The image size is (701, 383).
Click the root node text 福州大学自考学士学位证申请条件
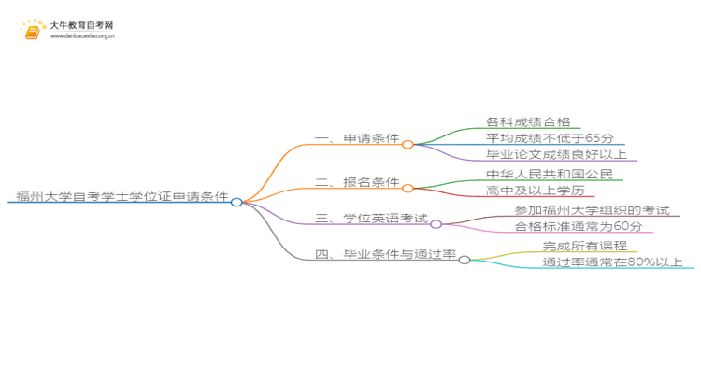tap(122, 197)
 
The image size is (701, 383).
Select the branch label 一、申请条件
tap(357, 139)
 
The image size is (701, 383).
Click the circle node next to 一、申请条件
tap(408, 145)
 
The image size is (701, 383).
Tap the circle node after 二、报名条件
tap(408, 188)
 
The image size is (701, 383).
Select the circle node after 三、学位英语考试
tap(436, 224)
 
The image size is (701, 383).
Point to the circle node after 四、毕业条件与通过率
tap(465, 259)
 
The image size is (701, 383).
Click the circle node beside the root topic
tap(236, 202)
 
